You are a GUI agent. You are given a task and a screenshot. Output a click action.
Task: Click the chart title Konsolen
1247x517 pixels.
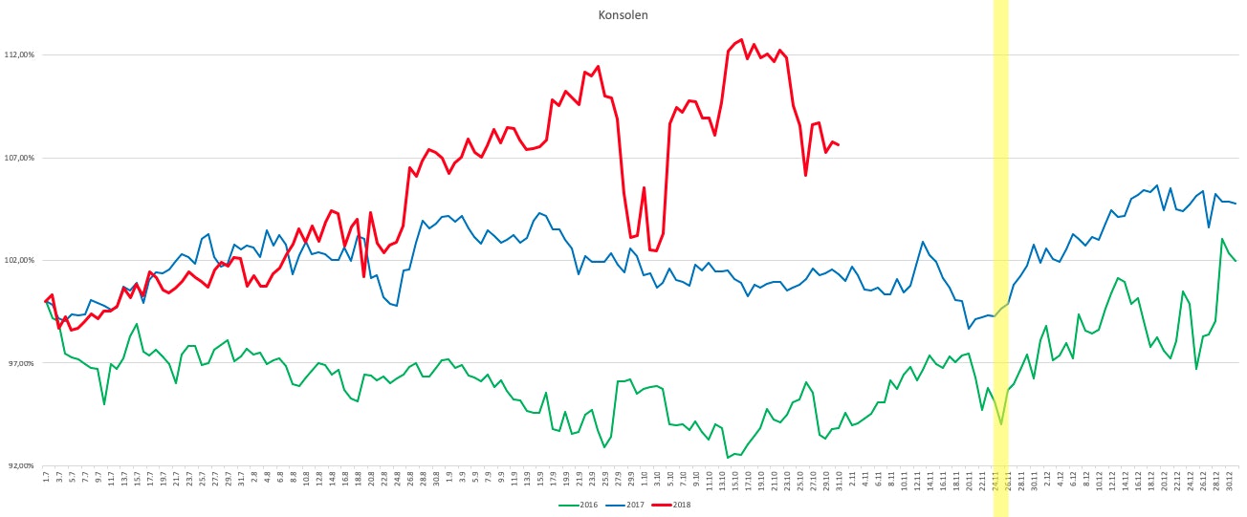(x=623, y=14)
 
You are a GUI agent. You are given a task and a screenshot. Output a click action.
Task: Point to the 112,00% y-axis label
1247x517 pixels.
(x=19, y=54)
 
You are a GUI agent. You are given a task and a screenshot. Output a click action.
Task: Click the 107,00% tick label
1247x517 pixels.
(x=19, y=158)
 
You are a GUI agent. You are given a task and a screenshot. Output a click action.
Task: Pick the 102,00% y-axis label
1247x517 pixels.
(x=19, y=260)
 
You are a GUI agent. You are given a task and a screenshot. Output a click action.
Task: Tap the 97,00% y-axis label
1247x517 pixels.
(x=19, y=363)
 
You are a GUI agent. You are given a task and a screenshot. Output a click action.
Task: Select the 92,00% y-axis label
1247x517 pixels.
(x=19, y=465)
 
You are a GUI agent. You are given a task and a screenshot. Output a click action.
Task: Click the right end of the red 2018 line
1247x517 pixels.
(x=839, y=145)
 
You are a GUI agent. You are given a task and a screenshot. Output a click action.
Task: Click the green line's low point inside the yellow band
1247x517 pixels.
(x=1001, y=424)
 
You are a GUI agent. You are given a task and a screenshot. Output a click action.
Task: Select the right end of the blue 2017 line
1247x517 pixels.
(x=1236, y=204)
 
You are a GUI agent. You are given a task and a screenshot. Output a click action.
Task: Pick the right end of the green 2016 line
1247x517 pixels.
(x=1236, y=261)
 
